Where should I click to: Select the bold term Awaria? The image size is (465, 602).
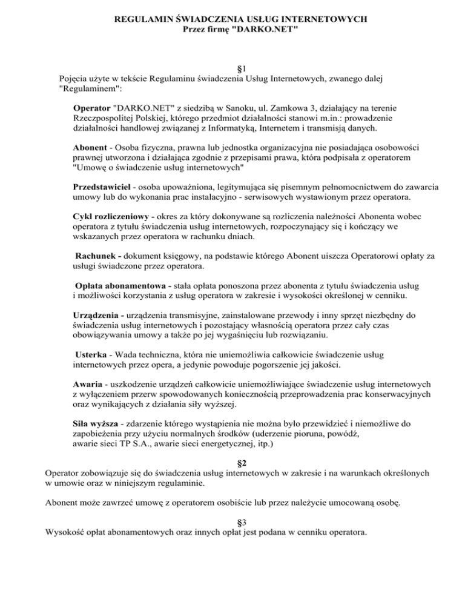[88, 383]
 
